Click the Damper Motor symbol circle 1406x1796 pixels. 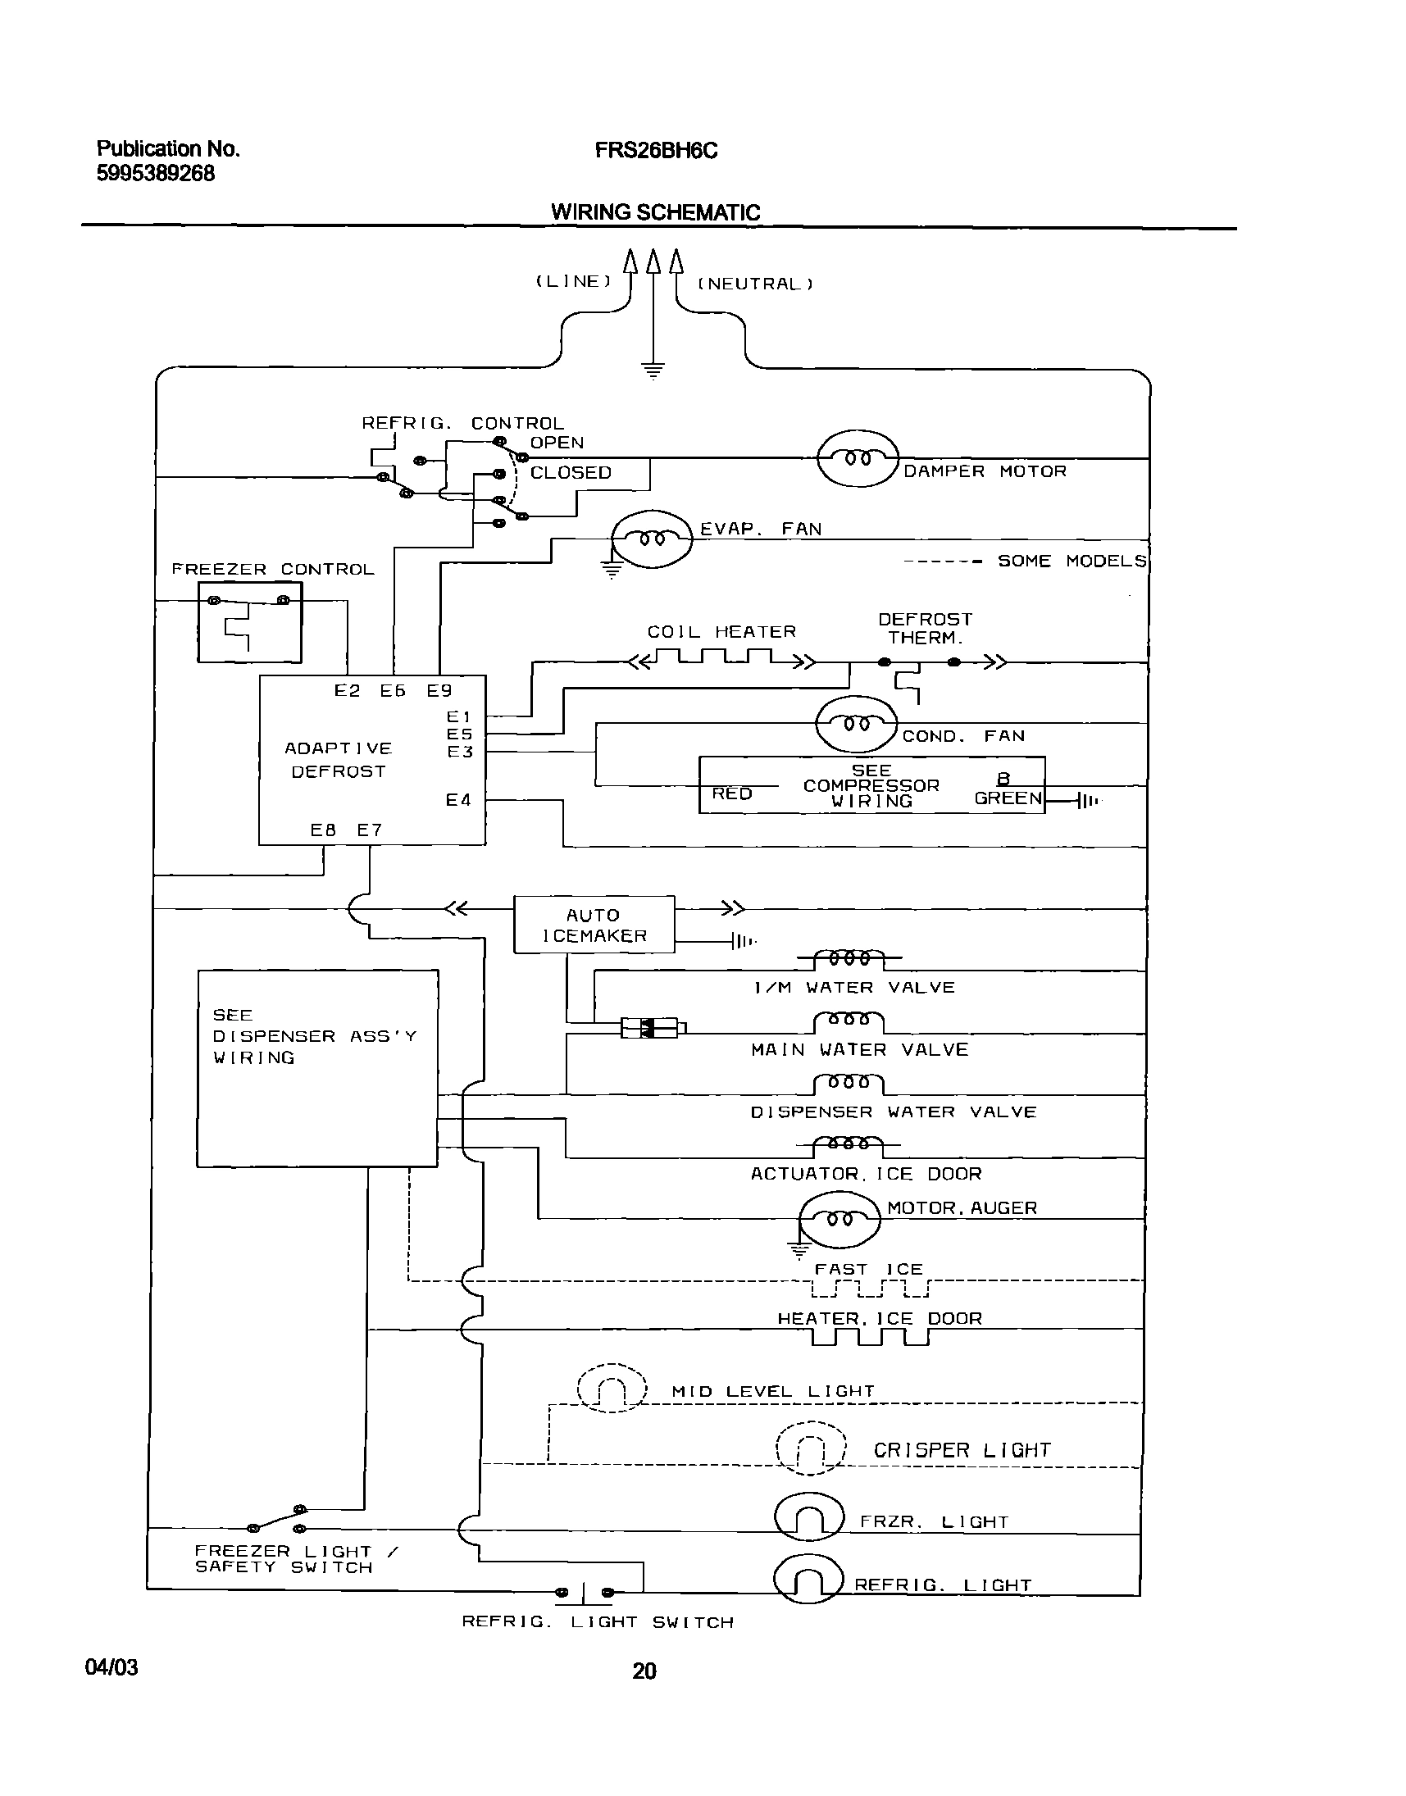coord(857,458)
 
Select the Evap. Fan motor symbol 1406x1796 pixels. coord(653,539)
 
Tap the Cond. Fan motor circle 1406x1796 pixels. coord(855,725)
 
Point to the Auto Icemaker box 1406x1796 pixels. coord(594,925)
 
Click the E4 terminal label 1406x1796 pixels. coord(458,800)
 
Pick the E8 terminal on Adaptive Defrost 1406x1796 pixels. coord(323,830)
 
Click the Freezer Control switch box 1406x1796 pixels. coord(249,622)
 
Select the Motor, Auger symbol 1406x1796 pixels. coord(840,1219)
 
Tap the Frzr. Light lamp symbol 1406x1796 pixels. coord(809,1517)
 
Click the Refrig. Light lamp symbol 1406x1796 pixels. coord(808,1579)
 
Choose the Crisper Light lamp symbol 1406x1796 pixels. coord(811,1448)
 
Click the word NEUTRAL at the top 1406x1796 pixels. coord(755,284)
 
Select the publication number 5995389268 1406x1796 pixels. coord(156,174)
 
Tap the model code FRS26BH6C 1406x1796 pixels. coord(656,151)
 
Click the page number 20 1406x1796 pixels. coord(644,1671)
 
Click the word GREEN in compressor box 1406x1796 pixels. coord(1008,798)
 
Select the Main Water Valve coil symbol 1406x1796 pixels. coord(848,1021)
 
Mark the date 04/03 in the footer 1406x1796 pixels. coord(111,1667)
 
